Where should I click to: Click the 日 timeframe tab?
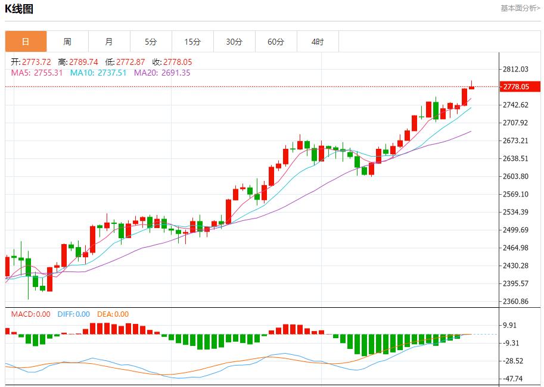coord(26,42)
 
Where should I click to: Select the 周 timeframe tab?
coord(67,42)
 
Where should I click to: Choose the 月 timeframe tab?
coord(109,42)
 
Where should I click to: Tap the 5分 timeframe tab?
coord(151,42)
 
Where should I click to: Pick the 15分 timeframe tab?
coord(192,42)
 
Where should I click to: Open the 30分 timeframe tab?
coord(234,42)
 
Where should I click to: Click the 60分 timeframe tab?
coord(276,42)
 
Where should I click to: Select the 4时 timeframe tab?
coord(318,42)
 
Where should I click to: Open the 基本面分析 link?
coord(520,8)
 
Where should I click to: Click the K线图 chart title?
coord(19,9)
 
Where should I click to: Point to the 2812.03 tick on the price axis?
coord(516,69)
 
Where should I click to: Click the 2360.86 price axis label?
coord(516,301)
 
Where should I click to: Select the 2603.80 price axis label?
coord(516,176)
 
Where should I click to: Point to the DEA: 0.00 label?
coord(113,314)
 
